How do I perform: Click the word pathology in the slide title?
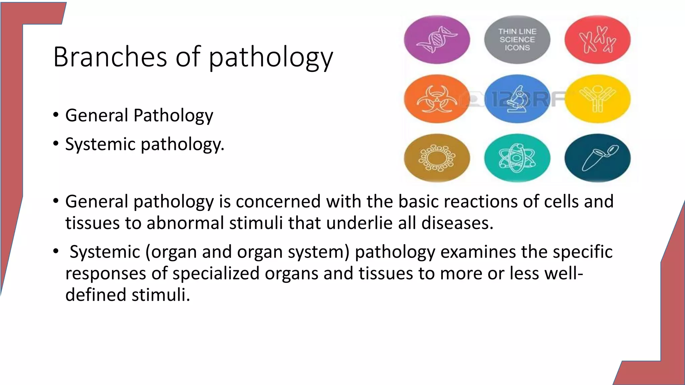(x=271, y=58)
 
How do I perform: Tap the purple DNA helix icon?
(x=437, y=40)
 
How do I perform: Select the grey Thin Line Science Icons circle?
(x=517, y=40)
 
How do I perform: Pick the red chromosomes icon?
(x=597, y=40)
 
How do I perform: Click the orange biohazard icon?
(x=437, y=99)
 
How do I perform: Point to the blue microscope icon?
(x=517, y=99)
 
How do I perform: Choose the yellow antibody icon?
(x=597, y=99)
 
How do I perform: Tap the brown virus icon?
(x=437, y=158)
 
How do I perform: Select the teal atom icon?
(x=517, y=158)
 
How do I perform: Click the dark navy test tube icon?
(x=597, y=158)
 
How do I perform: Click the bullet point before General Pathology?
(x=56, y=116)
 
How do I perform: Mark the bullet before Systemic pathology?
(x=56, y=144)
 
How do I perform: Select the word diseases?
(x=457, y=223)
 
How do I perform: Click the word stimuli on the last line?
(x=161, y=295)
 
